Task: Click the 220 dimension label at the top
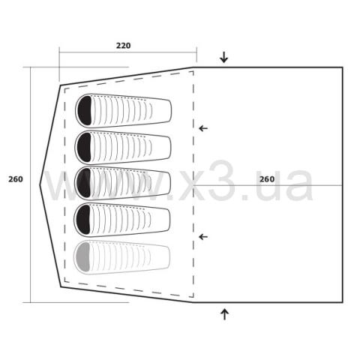(123, 46)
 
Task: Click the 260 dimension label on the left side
(16, 179)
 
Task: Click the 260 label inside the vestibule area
(267, 179)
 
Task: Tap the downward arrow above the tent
(223, 57)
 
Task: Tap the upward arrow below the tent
(224, 314)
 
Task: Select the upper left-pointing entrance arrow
(203, 128)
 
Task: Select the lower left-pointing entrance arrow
(203, 237)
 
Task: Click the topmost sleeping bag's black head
(85, 110)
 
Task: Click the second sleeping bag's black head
(85, 147)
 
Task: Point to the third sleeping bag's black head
(84, 183)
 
